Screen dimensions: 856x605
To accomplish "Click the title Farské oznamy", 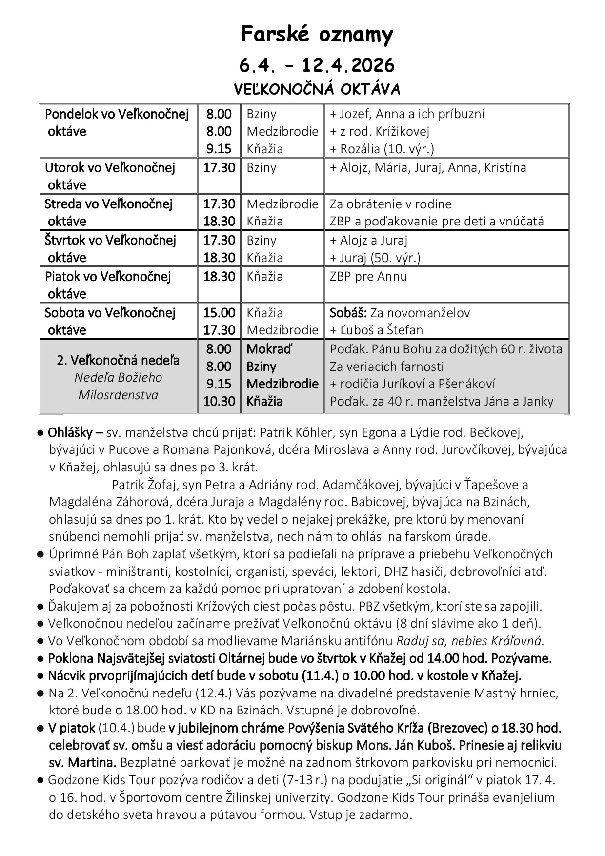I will [x=317, y=35].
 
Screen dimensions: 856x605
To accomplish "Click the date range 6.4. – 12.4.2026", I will [x=317, y=65].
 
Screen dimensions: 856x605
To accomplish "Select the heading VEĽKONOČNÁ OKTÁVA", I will [x=317, y=90].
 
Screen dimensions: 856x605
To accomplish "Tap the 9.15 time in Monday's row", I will [x=219, y=149].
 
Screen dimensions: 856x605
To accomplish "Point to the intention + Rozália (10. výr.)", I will [x=382, y=149].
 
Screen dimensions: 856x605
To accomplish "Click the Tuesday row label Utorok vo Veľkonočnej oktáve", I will [x=110, y=176].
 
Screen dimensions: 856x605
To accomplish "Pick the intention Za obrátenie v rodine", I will [x=390, y=204].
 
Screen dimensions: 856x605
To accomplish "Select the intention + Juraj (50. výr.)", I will [x=375, y=258].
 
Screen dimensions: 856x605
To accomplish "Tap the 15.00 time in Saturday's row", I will [x=219, y=313].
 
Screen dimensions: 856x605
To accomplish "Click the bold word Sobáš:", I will [x=348, y=313].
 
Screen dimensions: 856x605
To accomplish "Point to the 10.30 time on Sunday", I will [x=219, y=402].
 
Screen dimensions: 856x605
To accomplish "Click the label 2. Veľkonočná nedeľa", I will [x=118, y=361].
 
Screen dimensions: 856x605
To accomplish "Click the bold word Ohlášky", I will [x=68, y=432].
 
